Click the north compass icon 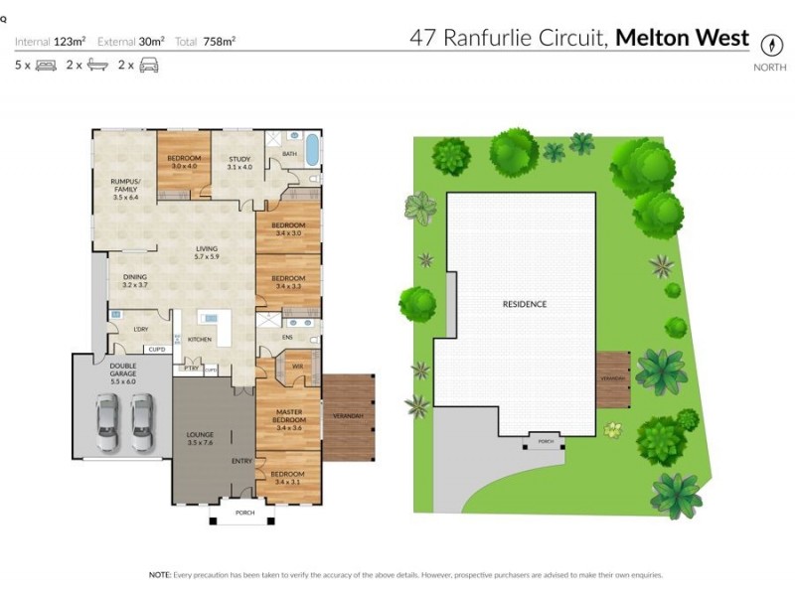click(x=769, y=45)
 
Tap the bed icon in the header click(x=46, y=66)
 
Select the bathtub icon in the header click(x=97, y=66)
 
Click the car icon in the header click(x=149, y=66)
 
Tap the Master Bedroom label click(x=289, y=416)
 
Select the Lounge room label click(x=201, y=438)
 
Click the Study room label click(x=239, y=163)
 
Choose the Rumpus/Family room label click(x=125, y=184)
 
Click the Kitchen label click(x=200, y=340)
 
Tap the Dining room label click(x=135, y=281)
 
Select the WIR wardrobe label click(x=296, y=367)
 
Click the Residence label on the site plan click(x=524, y=304)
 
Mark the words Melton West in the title click(x=683, y=39)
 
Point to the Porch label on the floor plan click(x=244, y=513)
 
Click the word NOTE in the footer click(x=160, y=574)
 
